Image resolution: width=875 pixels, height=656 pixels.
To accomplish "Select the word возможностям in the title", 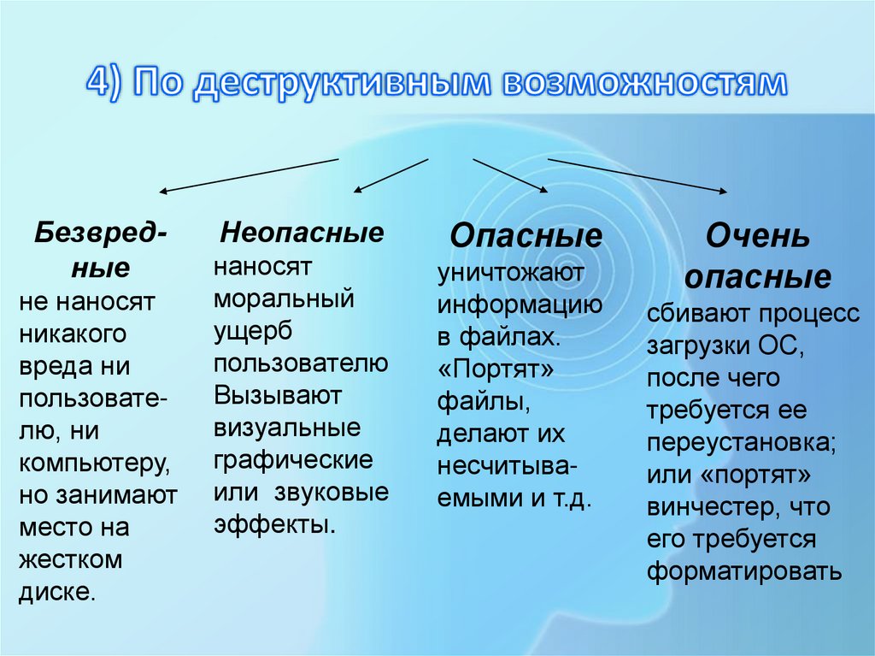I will point(643,83).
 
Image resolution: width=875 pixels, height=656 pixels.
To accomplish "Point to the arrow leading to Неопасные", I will point(390,174).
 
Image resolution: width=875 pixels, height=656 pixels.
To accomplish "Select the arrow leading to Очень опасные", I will point(637,174).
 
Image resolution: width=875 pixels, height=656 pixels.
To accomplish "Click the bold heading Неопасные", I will point(302,233).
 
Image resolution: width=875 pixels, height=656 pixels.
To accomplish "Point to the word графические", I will point(293,460).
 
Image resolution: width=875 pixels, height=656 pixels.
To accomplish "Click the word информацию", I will point(520,304).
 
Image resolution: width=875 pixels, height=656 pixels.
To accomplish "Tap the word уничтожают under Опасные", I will point(511,273).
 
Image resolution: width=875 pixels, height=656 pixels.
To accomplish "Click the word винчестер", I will point(708,506).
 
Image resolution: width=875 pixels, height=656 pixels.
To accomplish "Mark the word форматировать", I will point(743,570).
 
